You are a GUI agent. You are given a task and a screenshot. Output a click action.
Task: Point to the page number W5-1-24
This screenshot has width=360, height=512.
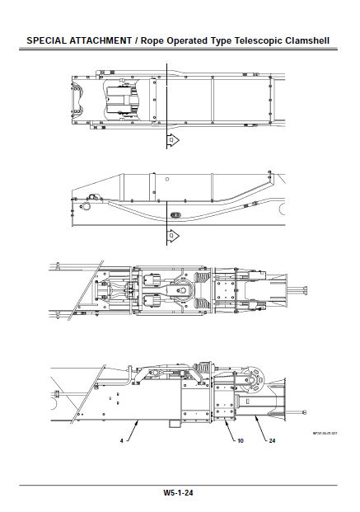click(x=179, y=493)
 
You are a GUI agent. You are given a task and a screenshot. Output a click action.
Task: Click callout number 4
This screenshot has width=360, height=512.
click(x=121, y=441)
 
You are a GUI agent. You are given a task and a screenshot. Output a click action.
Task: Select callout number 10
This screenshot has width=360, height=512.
click(x=240, y=441)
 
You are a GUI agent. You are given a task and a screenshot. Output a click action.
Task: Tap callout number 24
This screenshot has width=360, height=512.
click(x=271, y=441)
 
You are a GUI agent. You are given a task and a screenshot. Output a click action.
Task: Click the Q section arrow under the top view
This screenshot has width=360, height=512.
click(x=172, y=141)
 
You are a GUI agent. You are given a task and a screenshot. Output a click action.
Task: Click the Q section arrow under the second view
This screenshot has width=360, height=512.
click(x=172, y=236)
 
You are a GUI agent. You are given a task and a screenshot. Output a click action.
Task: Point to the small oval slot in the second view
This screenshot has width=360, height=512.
click(x=175, y=214)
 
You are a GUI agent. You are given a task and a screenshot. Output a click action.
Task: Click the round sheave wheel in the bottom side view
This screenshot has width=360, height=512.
click(x=258, y=382)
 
